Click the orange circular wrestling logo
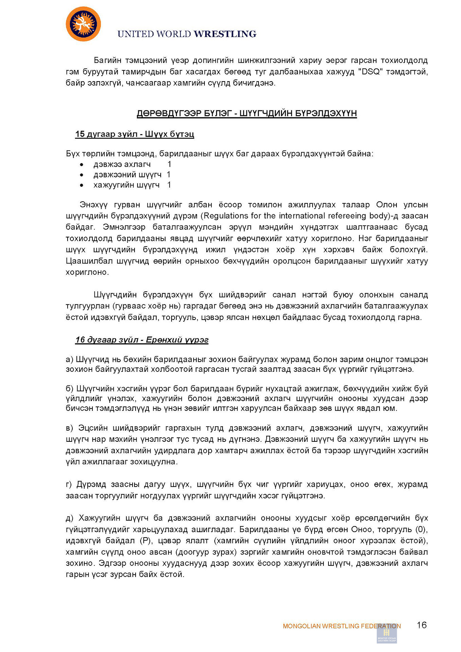coord(83,24)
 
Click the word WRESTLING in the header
coord(225,34)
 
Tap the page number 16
coord(422,625)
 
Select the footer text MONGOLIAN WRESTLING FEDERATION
coord(341,626)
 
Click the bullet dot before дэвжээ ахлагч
coord(82,165)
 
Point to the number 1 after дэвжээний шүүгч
coord(169,175)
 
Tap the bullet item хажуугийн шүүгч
coord(126,185)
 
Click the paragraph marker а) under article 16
coord(70,359)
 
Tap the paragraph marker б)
coord(70,388)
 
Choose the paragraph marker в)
coord(70,428)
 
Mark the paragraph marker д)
coord(70,518)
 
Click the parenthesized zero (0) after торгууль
coord(422,529)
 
